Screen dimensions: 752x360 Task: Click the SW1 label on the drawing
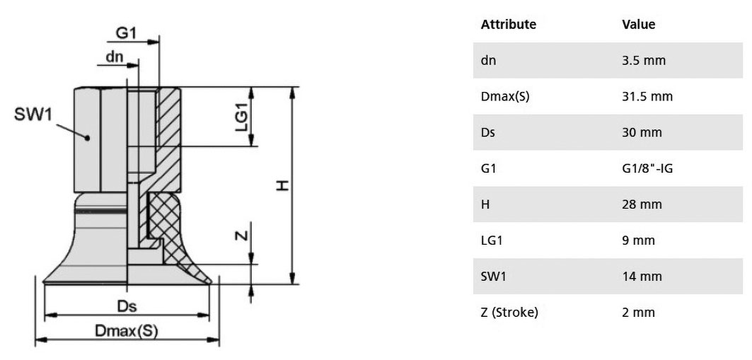coord(33,115)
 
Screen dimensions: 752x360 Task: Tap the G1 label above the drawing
coord(127,33)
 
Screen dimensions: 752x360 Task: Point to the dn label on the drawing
coord(115,57)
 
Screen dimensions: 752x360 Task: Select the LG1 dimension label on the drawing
coord(242,117)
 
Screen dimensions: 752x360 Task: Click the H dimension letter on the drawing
coord(283,185)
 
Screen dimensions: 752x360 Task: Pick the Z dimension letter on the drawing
coord(243,236)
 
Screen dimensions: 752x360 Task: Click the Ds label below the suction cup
coord(127,306)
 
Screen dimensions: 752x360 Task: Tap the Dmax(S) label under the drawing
coord(126,330)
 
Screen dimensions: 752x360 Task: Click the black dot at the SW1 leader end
coord(87,138)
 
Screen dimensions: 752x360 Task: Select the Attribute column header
coord(509,25)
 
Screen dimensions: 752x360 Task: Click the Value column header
coord(638,25)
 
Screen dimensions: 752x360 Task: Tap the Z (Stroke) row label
coord(509,313)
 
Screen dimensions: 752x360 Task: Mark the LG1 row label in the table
coord(492,240)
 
